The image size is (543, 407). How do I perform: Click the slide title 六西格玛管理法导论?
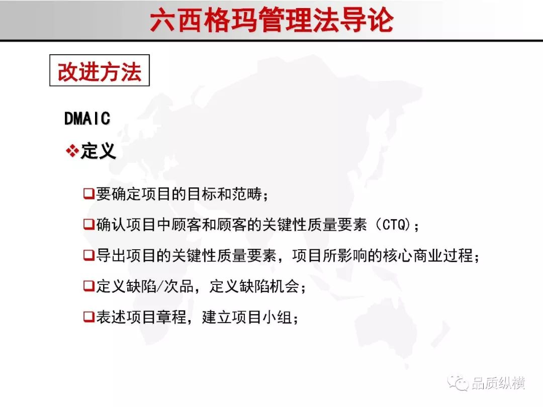pos(272,20)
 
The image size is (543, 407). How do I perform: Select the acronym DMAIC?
pos(87,119)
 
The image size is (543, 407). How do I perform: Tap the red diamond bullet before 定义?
pos(72,151)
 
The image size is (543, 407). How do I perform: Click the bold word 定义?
pos(98,151)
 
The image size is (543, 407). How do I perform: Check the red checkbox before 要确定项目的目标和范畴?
pos(88,193)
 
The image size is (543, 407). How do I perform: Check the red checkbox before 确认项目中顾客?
pos(88,224)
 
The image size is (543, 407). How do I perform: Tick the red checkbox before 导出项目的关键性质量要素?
pos(88,255)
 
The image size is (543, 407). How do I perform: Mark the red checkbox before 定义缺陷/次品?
pos(88,286)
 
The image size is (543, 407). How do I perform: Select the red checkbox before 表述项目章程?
pos(88,317)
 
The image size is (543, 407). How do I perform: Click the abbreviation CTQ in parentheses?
pos(394,225)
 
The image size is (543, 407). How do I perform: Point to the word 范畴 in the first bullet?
pos(247,194)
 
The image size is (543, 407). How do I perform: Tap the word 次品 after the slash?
pos(178,286)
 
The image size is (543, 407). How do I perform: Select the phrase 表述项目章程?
pos(141,317)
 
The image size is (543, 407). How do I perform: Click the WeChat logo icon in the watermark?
pos(458,383)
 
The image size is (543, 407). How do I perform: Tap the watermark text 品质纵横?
pos(498,383)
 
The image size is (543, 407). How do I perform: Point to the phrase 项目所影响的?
pos(337,255)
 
